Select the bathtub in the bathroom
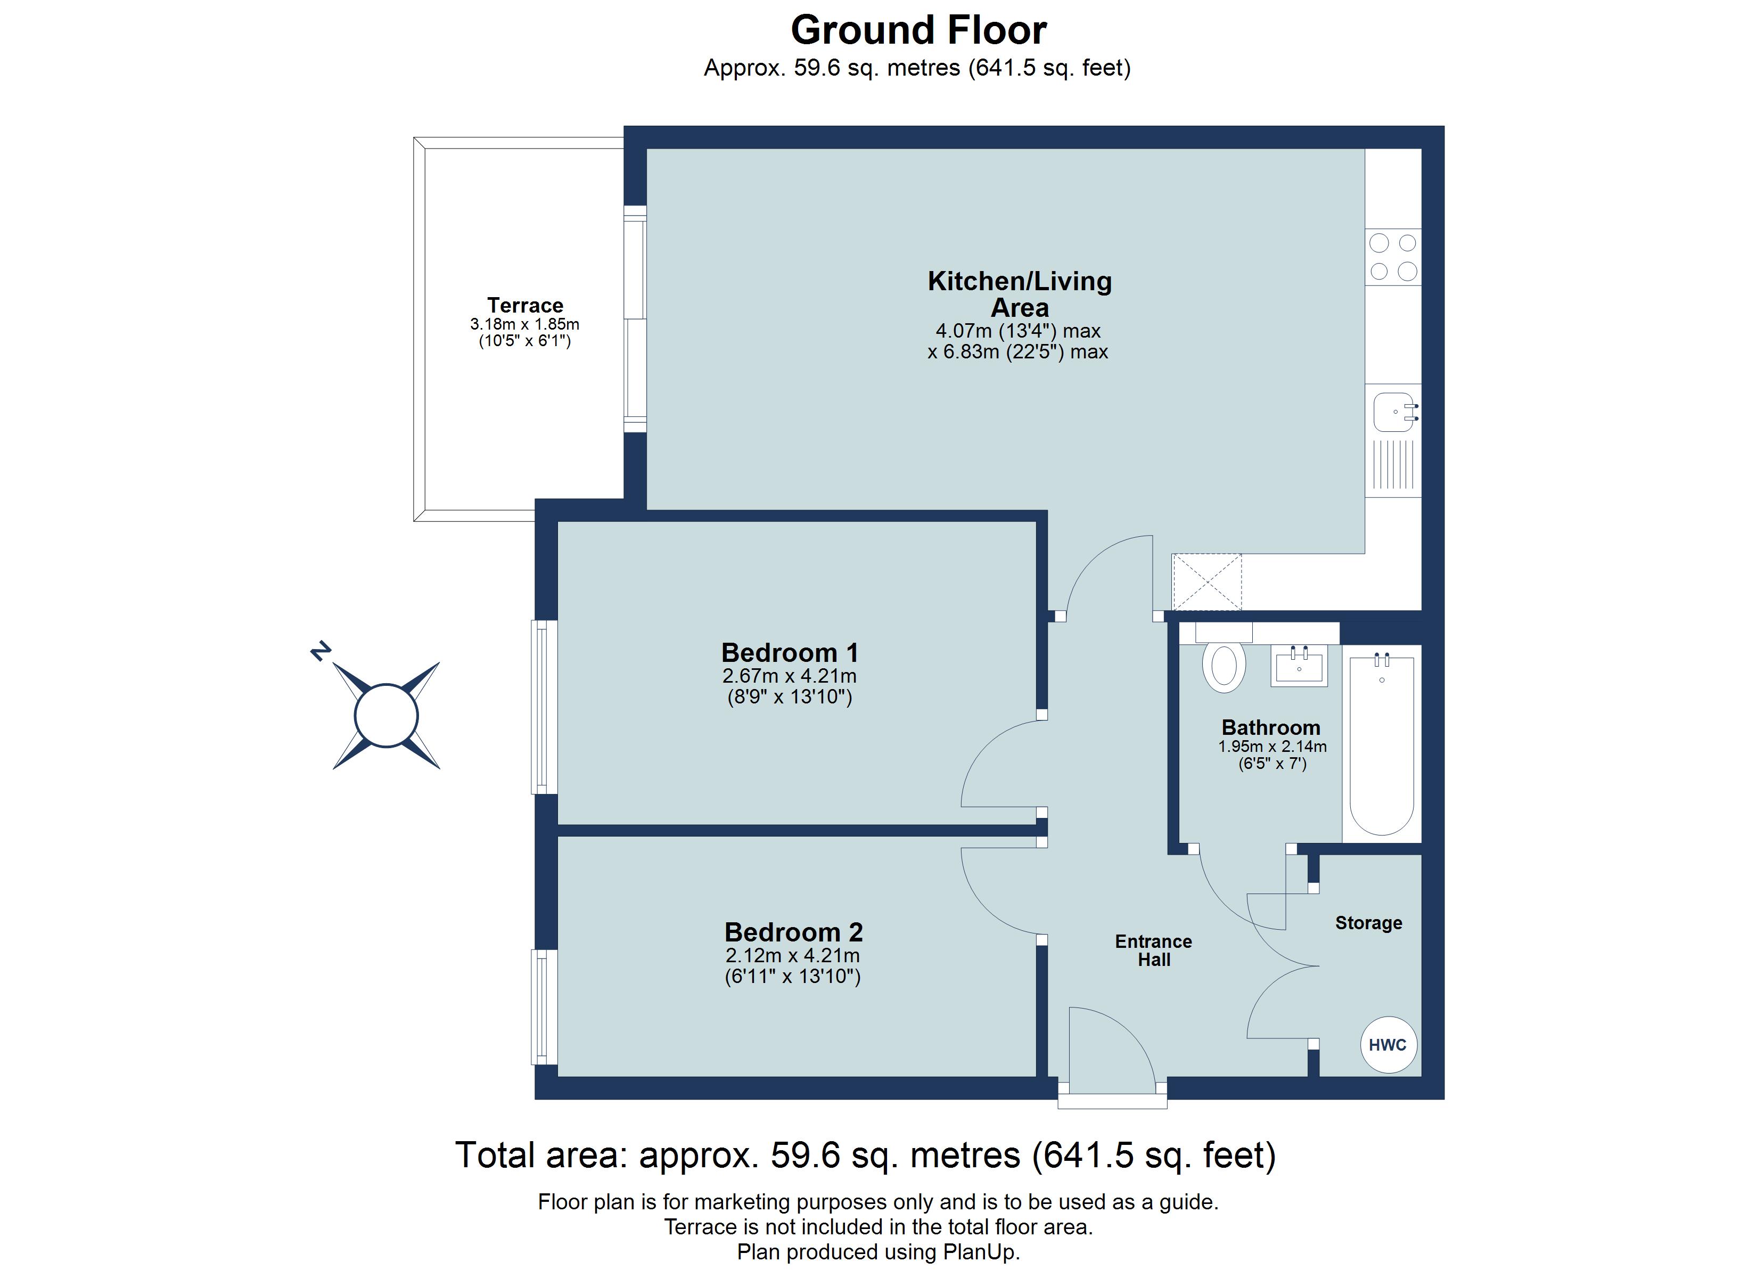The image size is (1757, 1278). tap(1381, 743)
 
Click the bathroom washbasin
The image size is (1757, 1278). tap(1299, 666)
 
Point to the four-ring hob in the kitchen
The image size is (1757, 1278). tap(1393, 257)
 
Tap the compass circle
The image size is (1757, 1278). tap(386, 715)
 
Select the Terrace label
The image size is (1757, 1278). tap(524, 305)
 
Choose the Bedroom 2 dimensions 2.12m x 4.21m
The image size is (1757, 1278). tap(792, 956)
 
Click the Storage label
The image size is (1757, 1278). tap(1368, 922)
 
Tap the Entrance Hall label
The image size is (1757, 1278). tap(1153, 950)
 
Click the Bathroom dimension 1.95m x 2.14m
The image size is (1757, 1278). tap(1271, 747)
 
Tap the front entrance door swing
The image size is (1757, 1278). tap(1110, 1046)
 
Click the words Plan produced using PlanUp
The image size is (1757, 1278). tap(878, 1252)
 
